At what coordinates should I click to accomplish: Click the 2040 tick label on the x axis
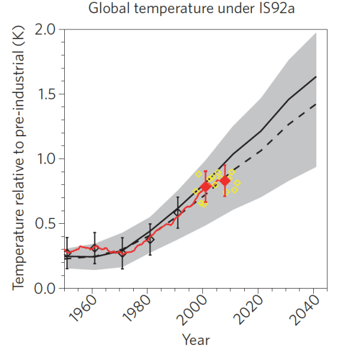coord(304,311)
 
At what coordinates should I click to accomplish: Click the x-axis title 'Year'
coord(196,340)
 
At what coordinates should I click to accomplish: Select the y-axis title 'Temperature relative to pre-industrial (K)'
coord(18,159)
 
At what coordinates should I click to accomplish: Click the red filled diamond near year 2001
coord(205,187)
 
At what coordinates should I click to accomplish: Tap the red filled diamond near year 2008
coord(225,181)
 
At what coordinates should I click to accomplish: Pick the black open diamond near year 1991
coord(178,212)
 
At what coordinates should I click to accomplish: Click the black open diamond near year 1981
coord(150,239)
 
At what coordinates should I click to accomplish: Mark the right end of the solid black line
coord(316,77)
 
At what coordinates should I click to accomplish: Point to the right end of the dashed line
coord(316,104)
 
